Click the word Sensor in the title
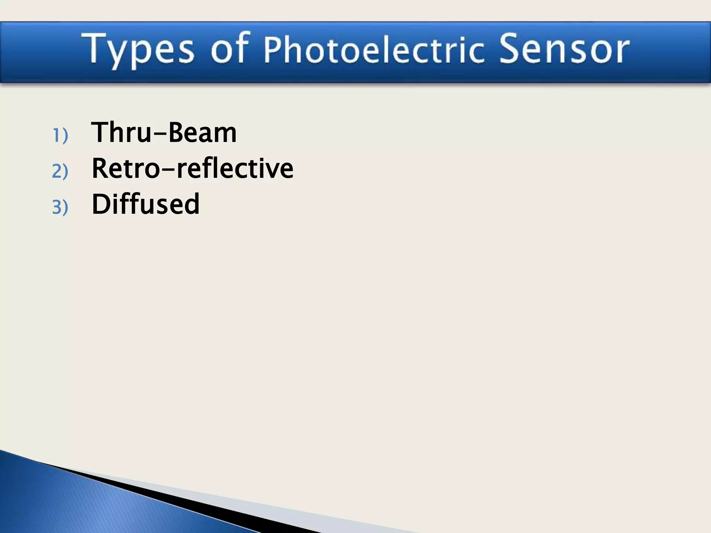(x=564, y=49)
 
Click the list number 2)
(x=60, y=171)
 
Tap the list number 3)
(x=60, y=207)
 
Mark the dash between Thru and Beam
(x=160, y=134)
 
